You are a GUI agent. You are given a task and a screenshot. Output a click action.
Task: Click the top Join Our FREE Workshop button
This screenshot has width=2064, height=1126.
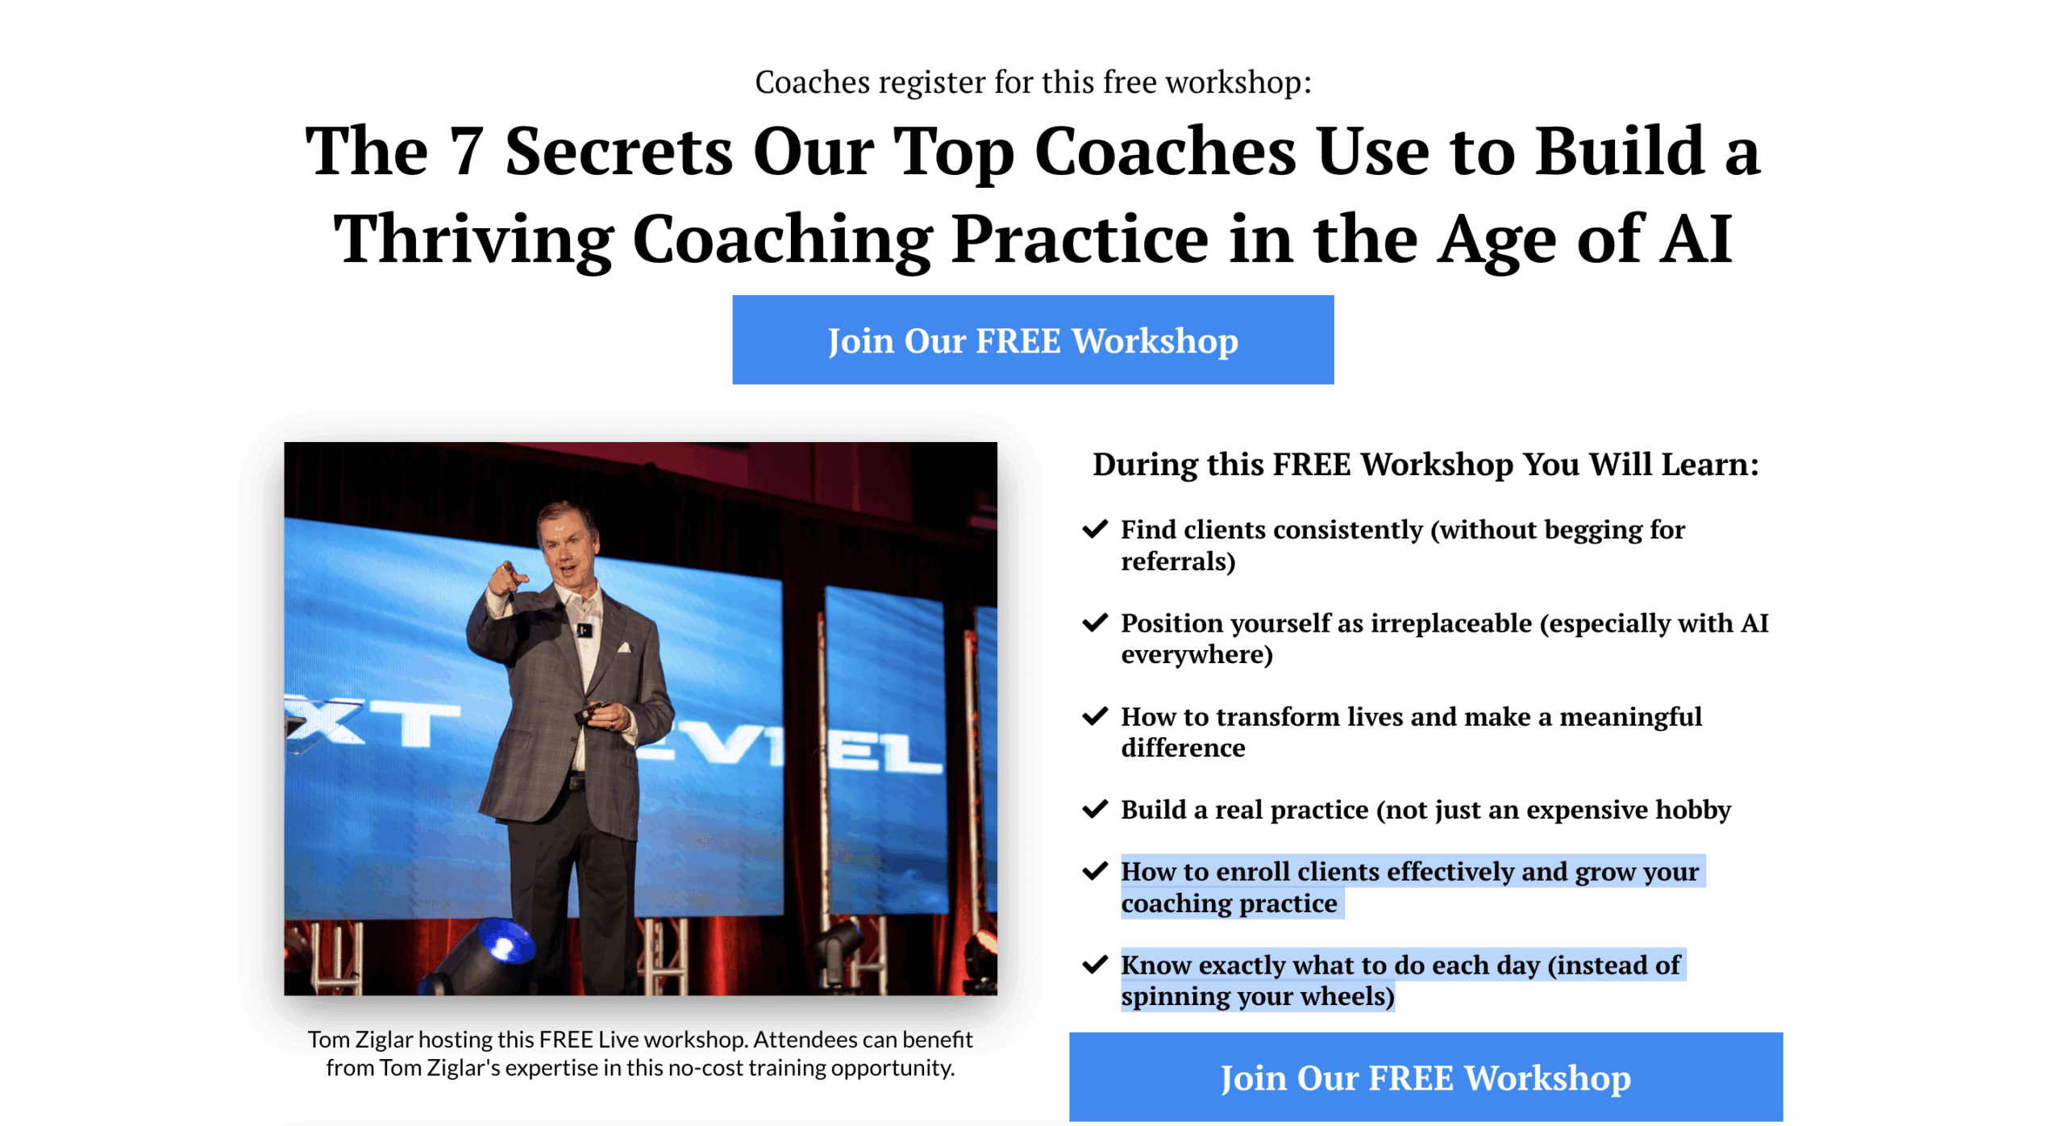click(1032, 340)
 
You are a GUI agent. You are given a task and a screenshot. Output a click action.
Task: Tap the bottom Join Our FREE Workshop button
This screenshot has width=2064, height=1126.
click(1425, 1077)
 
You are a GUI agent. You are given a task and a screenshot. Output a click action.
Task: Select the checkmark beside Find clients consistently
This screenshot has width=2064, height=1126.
click(1094, 529)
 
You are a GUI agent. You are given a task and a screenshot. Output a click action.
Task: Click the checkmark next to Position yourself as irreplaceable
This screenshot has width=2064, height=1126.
click(1094, 623)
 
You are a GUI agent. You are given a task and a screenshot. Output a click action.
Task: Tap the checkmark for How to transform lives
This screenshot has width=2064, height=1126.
click(1094, 716)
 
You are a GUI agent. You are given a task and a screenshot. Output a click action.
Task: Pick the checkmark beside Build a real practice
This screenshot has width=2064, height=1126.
click(1094, 809)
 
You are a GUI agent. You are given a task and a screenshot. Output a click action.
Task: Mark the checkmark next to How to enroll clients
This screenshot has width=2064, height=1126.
click(1094, 871)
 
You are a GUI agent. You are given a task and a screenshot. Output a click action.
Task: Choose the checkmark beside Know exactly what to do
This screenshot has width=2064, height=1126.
click(1094, 965)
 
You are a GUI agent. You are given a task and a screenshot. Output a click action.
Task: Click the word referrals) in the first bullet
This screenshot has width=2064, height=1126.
click(1178, 561)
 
